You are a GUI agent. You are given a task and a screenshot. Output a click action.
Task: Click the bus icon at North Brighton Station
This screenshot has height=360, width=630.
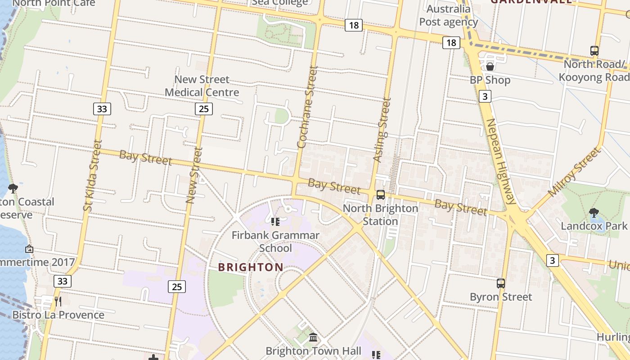pyautogui.click(x=381, y=195)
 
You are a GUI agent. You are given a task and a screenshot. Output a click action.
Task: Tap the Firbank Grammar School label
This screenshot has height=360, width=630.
pyautogui.click(x=275, y=242)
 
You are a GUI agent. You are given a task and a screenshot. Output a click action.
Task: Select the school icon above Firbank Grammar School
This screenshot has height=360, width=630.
pyautogui.click(x=275, y=222)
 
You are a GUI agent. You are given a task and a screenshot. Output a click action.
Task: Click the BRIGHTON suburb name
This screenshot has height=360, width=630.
pyautogui.click(x=251, y=267)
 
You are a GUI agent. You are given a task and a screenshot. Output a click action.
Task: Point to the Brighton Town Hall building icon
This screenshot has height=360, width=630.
pyautogui.click(x=313, y=337)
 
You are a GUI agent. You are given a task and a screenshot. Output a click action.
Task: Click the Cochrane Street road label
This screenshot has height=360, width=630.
pyautogui.click(x=308, y=107)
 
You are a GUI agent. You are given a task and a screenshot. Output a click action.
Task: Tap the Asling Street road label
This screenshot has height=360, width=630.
pyautogui.click(x=382, y=130)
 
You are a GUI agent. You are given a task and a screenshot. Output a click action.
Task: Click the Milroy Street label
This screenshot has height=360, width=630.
pyautogui.click(x=575, y=172)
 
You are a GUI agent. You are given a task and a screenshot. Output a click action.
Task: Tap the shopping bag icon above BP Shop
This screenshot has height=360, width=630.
pyautogui.click(x=490, y=67)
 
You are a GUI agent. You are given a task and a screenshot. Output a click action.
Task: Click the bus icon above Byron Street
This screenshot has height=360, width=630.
pyautogui.click(x=501, y=283)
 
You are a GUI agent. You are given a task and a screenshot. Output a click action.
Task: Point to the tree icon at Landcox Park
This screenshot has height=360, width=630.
pyautogui.click(x=594, y=212)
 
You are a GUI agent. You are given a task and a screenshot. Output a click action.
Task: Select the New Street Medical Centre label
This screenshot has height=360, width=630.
pyautogui.click(x=202, y=86)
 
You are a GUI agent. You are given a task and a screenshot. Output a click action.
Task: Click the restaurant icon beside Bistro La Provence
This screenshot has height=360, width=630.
pyautogui.click(x=58, y=301)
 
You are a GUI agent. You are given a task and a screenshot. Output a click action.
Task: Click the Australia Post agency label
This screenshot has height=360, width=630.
pyautogui.click(x=448, y=15)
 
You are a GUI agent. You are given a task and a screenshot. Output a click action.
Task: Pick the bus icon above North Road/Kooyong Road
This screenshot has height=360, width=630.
pyautogui.click(x=594, y=51)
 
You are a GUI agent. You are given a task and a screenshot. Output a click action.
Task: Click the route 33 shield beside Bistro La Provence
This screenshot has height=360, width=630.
pyautogui.click(x=63, y=282)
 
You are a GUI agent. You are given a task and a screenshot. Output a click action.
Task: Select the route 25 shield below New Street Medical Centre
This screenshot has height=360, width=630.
pyautogui.click(x=204, y=108)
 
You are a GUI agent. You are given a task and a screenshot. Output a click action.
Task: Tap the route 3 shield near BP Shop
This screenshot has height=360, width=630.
pyautogui.click(x=485, y=96)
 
